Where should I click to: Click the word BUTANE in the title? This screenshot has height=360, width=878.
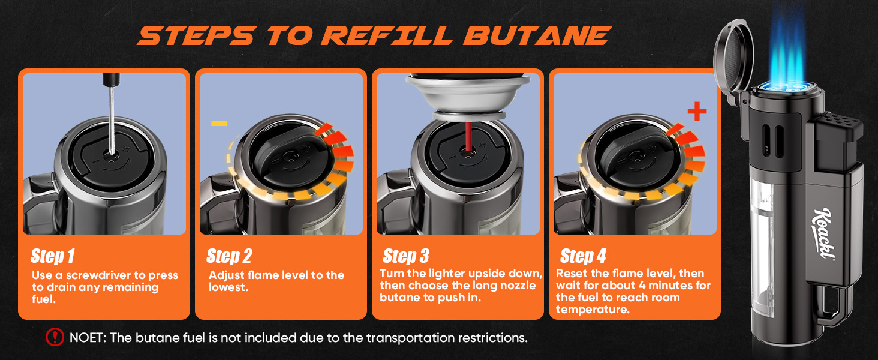click(537, 35)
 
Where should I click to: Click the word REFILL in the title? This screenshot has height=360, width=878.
click(386, 35)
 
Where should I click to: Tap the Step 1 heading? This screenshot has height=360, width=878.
click(53, 256)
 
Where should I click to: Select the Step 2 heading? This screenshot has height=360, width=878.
click(229, 256)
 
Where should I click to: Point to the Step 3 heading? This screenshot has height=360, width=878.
click(406, 256)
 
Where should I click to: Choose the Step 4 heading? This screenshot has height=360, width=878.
click(583, 256)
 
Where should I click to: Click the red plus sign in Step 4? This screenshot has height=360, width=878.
click(697, 112)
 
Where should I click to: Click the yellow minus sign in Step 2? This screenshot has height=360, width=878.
click(219, 123)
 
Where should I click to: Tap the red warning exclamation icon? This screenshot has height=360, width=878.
click(55, 337)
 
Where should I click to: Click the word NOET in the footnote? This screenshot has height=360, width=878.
click(87, 338)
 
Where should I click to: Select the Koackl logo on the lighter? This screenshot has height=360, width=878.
click(823, 234)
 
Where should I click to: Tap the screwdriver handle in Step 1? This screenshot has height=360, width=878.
click(112, 80)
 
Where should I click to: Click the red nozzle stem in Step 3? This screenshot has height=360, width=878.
click(468, 137)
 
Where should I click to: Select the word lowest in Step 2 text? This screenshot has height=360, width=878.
click(228, 287)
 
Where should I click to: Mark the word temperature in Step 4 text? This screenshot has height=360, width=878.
click(593, 310)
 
